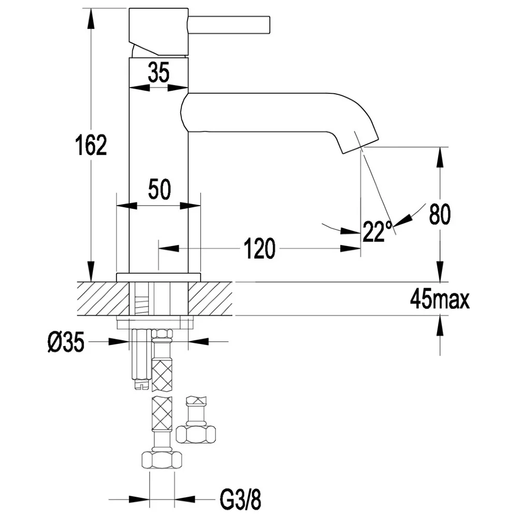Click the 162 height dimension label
tap(91, 145)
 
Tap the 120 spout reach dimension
tap(260, 249)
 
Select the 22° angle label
tap(377, 231)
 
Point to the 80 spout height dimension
tap(440, 214)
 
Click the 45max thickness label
tap(439, 299)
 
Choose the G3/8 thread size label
tap(240, 500)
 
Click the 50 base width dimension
tap(159, 189)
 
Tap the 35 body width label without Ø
tap(159, 72)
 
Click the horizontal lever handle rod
tap(229, 25)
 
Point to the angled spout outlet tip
tap(360, 145)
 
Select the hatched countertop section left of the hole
tap(103, 299)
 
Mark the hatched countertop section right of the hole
tap(210, 299)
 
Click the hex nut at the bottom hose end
tap(162, 459)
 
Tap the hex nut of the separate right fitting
tap(196, 434)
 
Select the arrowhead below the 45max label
tap(440, 327)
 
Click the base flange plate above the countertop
tap(159, 278)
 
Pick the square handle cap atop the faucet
tap(159, 32)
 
